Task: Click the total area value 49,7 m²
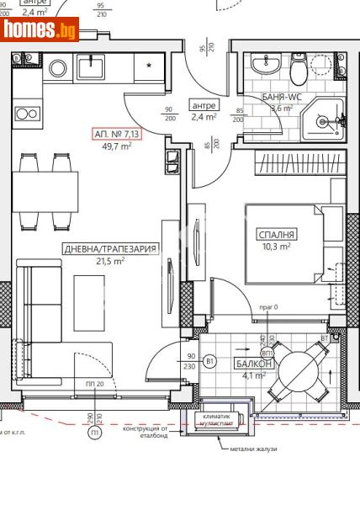[x=117, y=146]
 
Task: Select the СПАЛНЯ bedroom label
[x=276, y=234]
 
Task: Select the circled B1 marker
[x=210, y=363]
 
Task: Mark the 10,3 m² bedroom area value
[x=275, y=247]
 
